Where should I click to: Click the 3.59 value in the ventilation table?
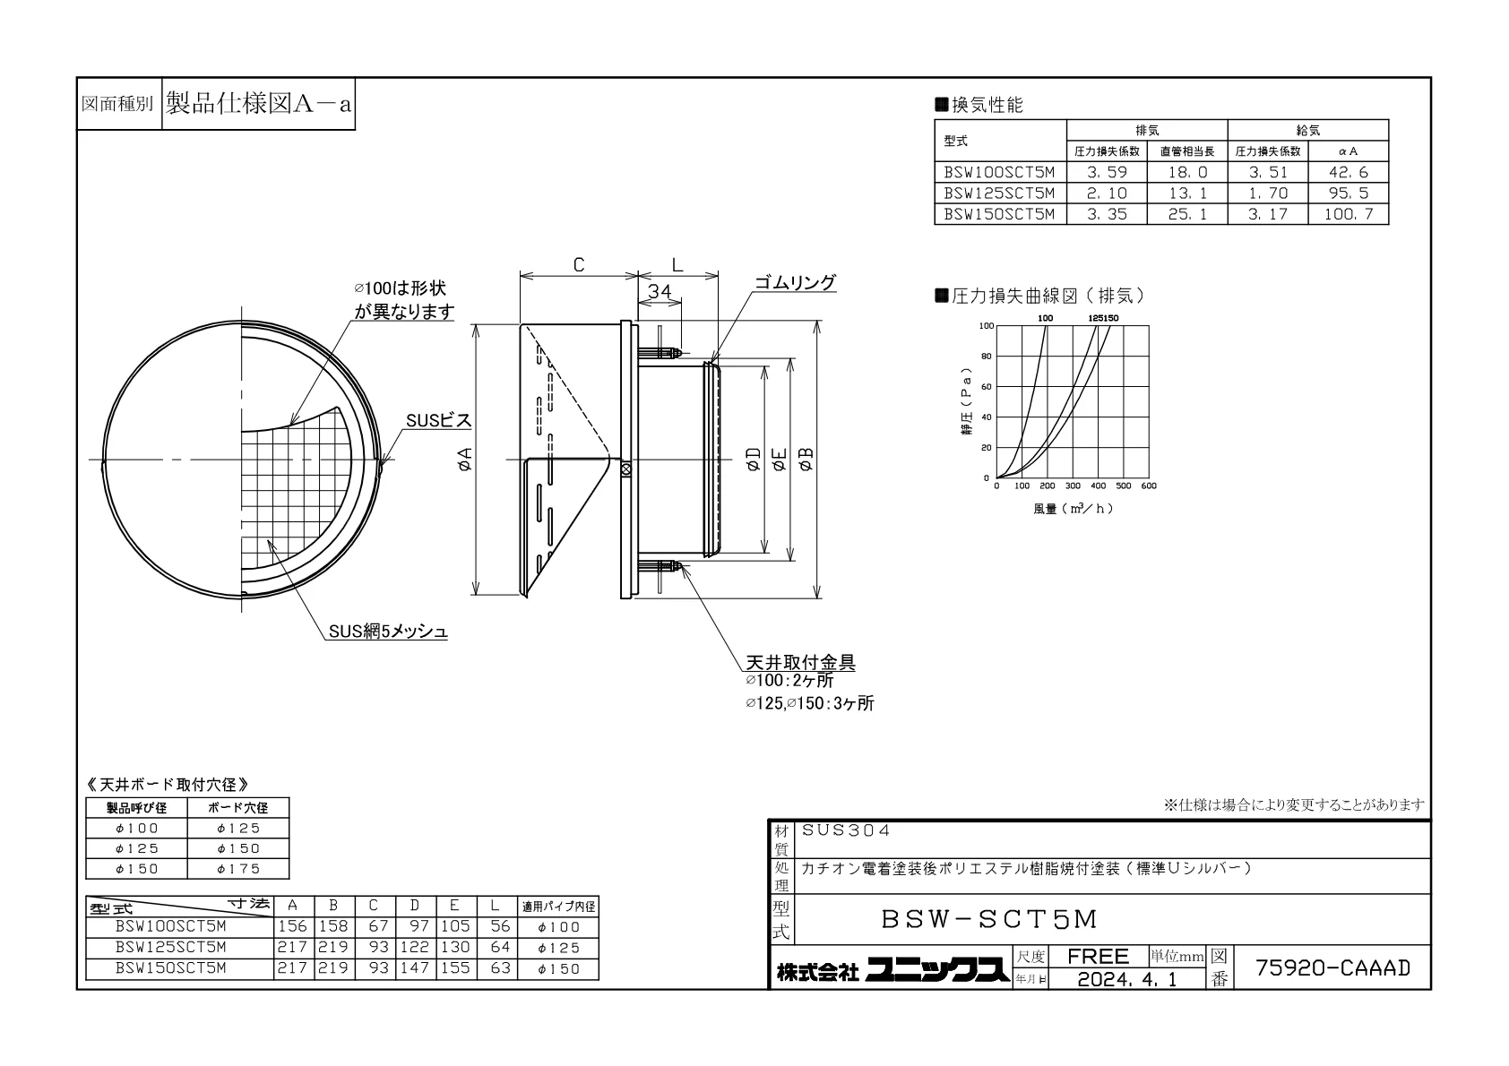(1107, 172)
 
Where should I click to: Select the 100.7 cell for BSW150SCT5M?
(1348, 214)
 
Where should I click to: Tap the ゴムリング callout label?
(795, 282)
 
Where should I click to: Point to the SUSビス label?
(438, 421)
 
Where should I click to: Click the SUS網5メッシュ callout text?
(388, 631)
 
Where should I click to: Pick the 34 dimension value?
(660, 292)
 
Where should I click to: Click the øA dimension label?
(465, 460)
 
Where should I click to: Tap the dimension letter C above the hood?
(579, 265)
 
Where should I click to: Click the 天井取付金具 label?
(800, 662)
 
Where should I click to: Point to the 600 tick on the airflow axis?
(1149, 486)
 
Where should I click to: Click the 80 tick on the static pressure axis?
(987, 357)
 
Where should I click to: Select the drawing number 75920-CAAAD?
(1333, 967)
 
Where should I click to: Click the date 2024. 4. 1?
(1127, 979)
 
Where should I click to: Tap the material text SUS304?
(846, 830)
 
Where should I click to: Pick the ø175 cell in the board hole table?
(238, 869)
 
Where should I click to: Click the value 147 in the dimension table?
(415, 967)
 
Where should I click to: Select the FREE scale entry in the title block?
(1098, 956)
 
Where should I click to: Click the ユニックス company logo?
(937, 970)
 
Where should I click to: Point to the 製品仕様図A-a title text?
(259, 104)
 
